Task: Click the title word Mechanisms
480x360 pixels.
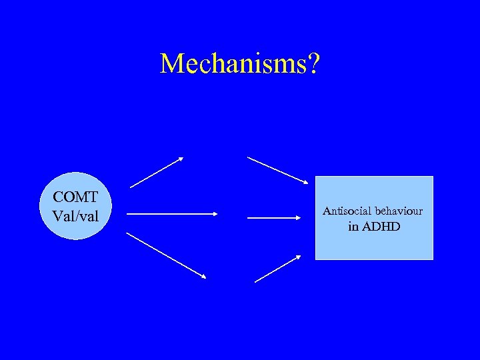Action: (233, 64)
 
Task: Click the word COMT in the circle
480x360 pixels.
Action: (75, 198)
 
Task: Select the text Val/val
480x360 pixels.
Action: (75, 216)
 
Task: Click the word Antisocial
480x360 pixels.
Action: (345, 211)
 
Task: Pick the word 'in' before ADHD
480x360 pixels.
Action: (354, 227)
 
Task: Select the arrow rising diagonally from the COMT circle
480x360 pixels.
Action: (157, 173)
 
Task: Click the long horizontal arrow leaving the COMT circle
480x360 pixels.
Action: (172, 214)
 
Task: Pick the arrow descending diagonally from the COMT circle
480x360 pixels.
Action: (167, 255)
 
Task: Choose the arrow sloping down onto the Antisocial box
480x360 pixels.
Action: (278, 169)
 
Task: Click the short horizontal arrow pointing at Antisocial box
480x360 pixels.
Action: (275, 217)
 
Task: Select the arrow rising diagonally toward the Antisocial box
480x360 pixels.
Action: (278, 269)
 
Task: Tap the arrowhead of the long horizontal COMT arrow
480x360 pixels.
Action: (215, 214)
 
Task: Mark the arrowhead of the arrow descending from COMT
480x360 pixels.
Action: (203, 276)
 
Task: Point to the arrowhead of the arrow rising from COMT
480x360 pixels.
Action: (180, 159)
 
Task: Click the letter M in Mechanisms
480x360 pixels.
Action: (171, 64)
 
